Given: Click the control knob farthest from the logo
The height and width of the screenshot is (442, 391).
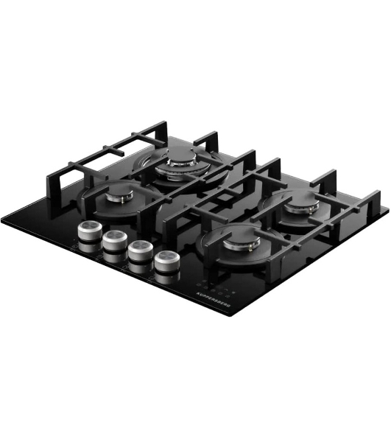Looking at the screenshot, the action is tap(90, 231).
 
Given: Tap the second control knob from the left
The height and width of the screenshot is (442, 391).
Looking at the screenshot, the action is tap(115, 240).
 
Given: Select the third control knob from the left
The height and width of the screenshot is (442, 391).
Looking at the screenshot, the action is tap(141, 250).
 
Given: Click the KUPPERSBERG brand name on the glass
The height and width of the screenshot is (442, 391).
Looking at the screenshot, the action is tap(214, 300).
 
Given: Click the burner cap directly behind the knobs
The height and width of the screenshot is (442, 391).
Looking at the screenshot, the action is tap(120, 194).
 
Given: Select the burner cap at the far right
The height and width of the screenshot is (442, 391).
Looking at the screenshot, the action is tap(302, 206).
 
